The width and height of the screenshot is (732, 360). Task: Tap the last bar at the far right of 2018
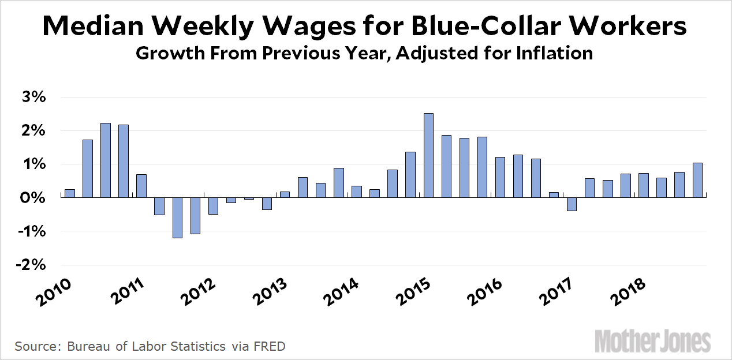(x=697, y=181)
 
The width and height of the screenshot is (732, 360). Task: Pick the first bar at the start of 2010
(x=70, y=193)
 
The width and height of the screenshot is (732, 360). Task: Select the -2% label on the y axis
(x=32, y=265)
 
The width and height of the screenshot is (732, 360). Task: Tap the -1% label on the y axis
(x=32, y=231)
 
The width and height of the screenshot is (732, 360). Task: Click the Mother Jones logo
(x=652, y=340)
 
